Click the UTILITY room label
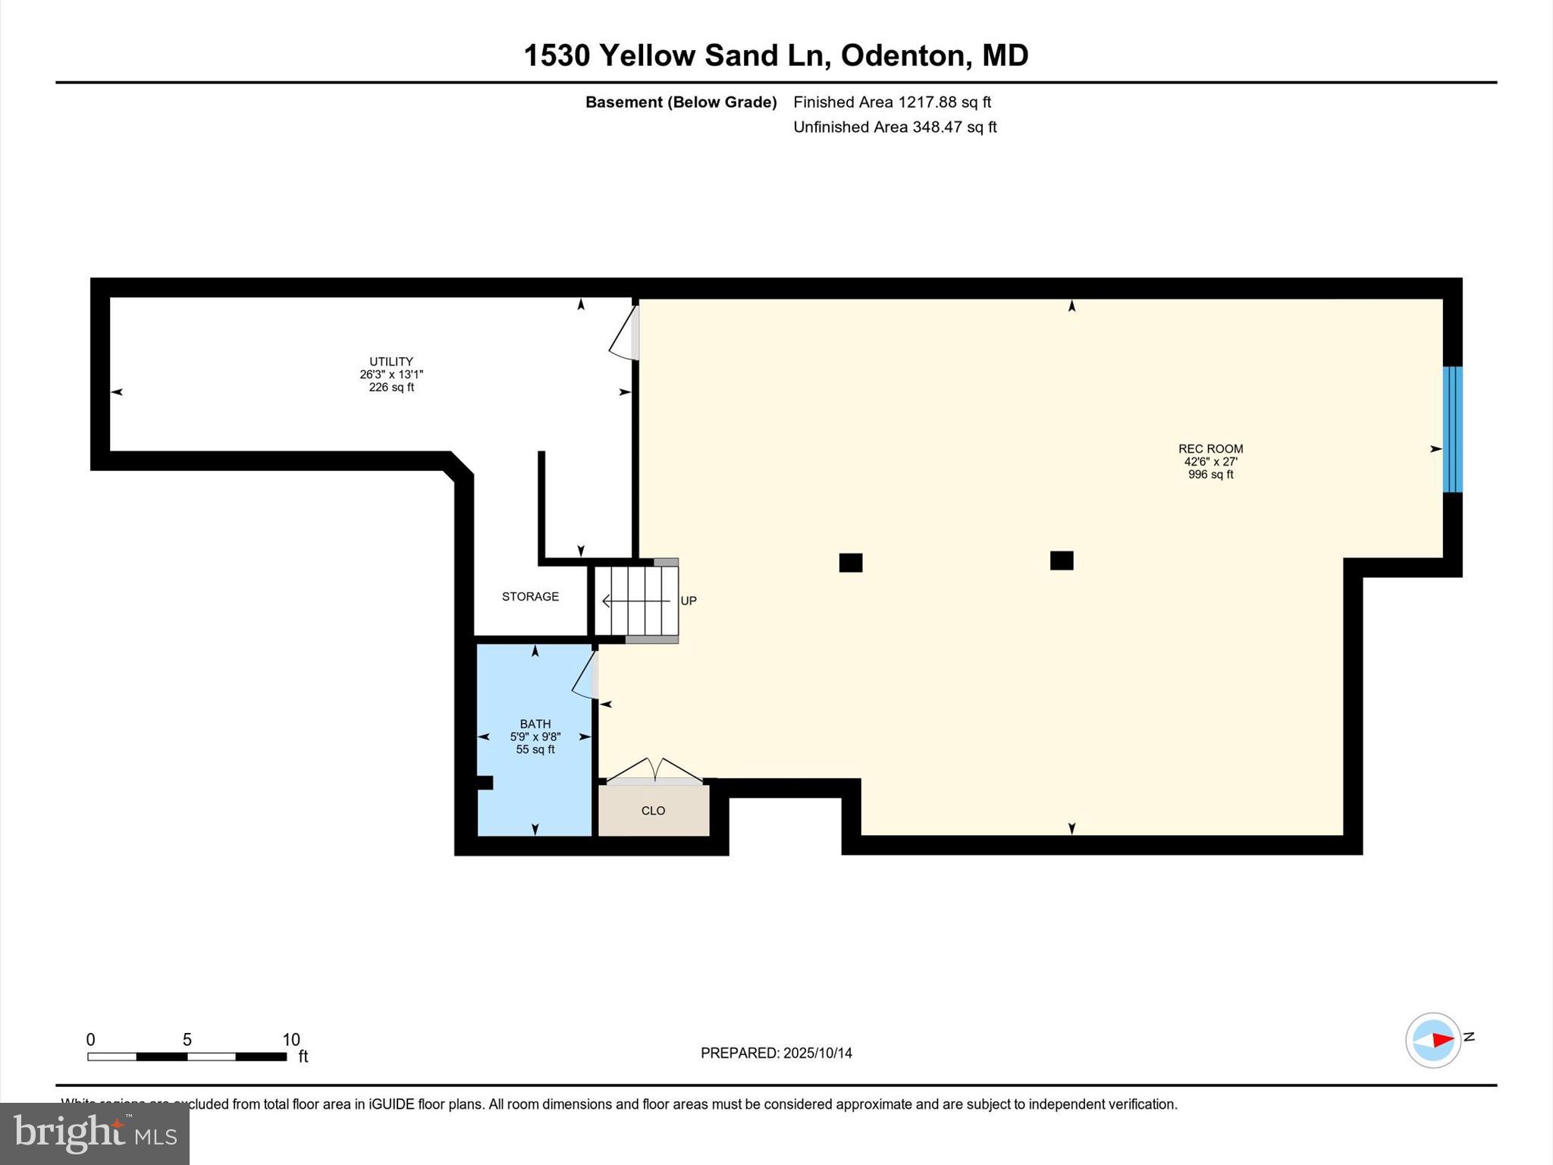click(x=391, y=362)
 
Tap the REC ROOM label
click(x=1210, y=449)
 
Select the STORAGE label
click(x=530, y=597)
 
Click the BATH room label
click(x=535, y=724)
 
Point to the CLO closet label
click(x=653, y=811)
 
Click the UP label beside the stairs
click(x=689, y=601)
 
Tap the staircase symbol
click(x=636, y=601)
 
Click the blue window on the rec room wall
click(x=1452, y=429)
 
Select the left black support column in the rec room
click(x=851, y=562)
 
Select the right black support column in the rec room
click(x=1062, y=561)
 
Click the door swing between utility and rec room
click(x=624, y=333)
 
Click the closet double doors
click(x=654, y=770)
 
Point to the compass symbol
click(x=1433, y=1040)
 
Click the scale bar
click(x=187, y=1057)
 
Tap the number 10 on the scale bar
click(x=291, y=1040)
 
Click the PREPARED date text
click(x=776, y=1053)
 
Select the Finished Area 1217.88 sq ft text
click(x=892, y=102)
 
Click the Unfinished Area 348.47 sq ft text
click(x=895, y=127)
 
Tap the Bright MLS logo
click(x=95, y=1133)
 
